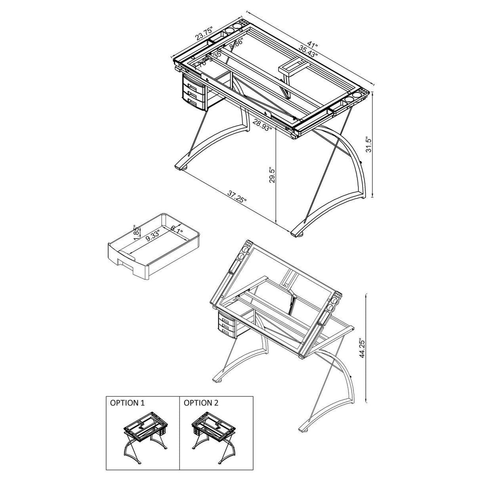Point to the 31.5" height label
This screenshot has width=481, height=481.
coord(368,145)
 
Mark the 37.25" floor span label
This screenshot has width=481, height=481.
coord(237,197)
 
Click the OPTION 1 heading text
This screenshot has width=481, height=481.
coord(127,403)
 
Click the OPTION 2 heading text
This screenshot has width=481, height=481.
coord(201,403)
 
